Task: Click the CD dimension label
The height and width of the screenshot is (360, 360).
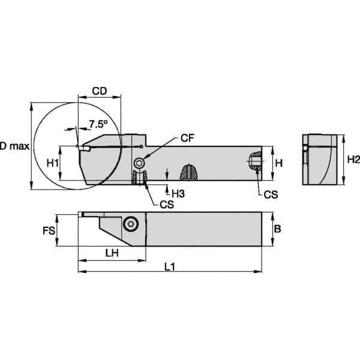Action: coord(100,92)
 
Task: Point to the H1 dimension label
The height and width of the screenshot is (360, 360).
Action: coord(52,163)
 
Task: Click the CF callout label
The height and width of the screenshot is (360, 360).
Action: coord(188,139)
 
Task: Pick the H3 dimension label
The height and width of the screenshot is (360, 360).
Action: coord(178,193)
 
